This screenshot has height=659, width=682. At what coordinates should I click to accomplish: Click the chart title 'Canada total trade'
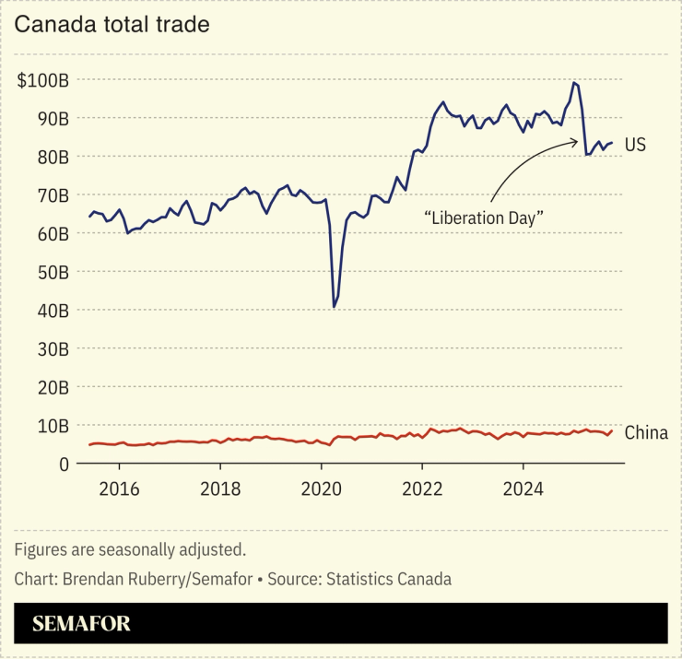112,24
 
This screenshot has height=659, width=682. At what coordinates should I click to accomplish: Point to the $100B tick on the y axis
43,80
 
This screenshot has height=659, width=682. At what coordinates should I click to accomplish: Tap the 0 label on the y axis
64,464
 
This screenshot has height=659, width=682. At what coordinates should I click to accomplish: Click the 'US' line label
635,145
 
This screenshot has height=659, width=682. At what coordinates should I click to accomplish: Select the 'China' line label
646,432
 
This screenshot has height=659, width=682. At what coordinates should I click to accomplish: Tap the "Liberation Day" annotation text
483,218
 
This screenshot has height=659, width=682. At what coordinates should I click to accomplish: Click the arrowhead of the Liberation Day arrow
576,142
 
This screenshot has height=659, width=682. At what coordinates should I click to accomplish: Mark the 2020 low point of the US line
334,307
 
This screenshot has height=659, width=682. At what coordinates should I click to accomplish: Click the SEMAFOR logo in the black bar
81,624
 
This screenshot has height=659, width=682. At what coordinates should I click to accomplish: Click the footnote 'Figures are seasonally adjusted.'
130,550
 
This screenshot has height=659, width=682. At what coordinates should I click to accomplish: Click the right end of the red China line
611,430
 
